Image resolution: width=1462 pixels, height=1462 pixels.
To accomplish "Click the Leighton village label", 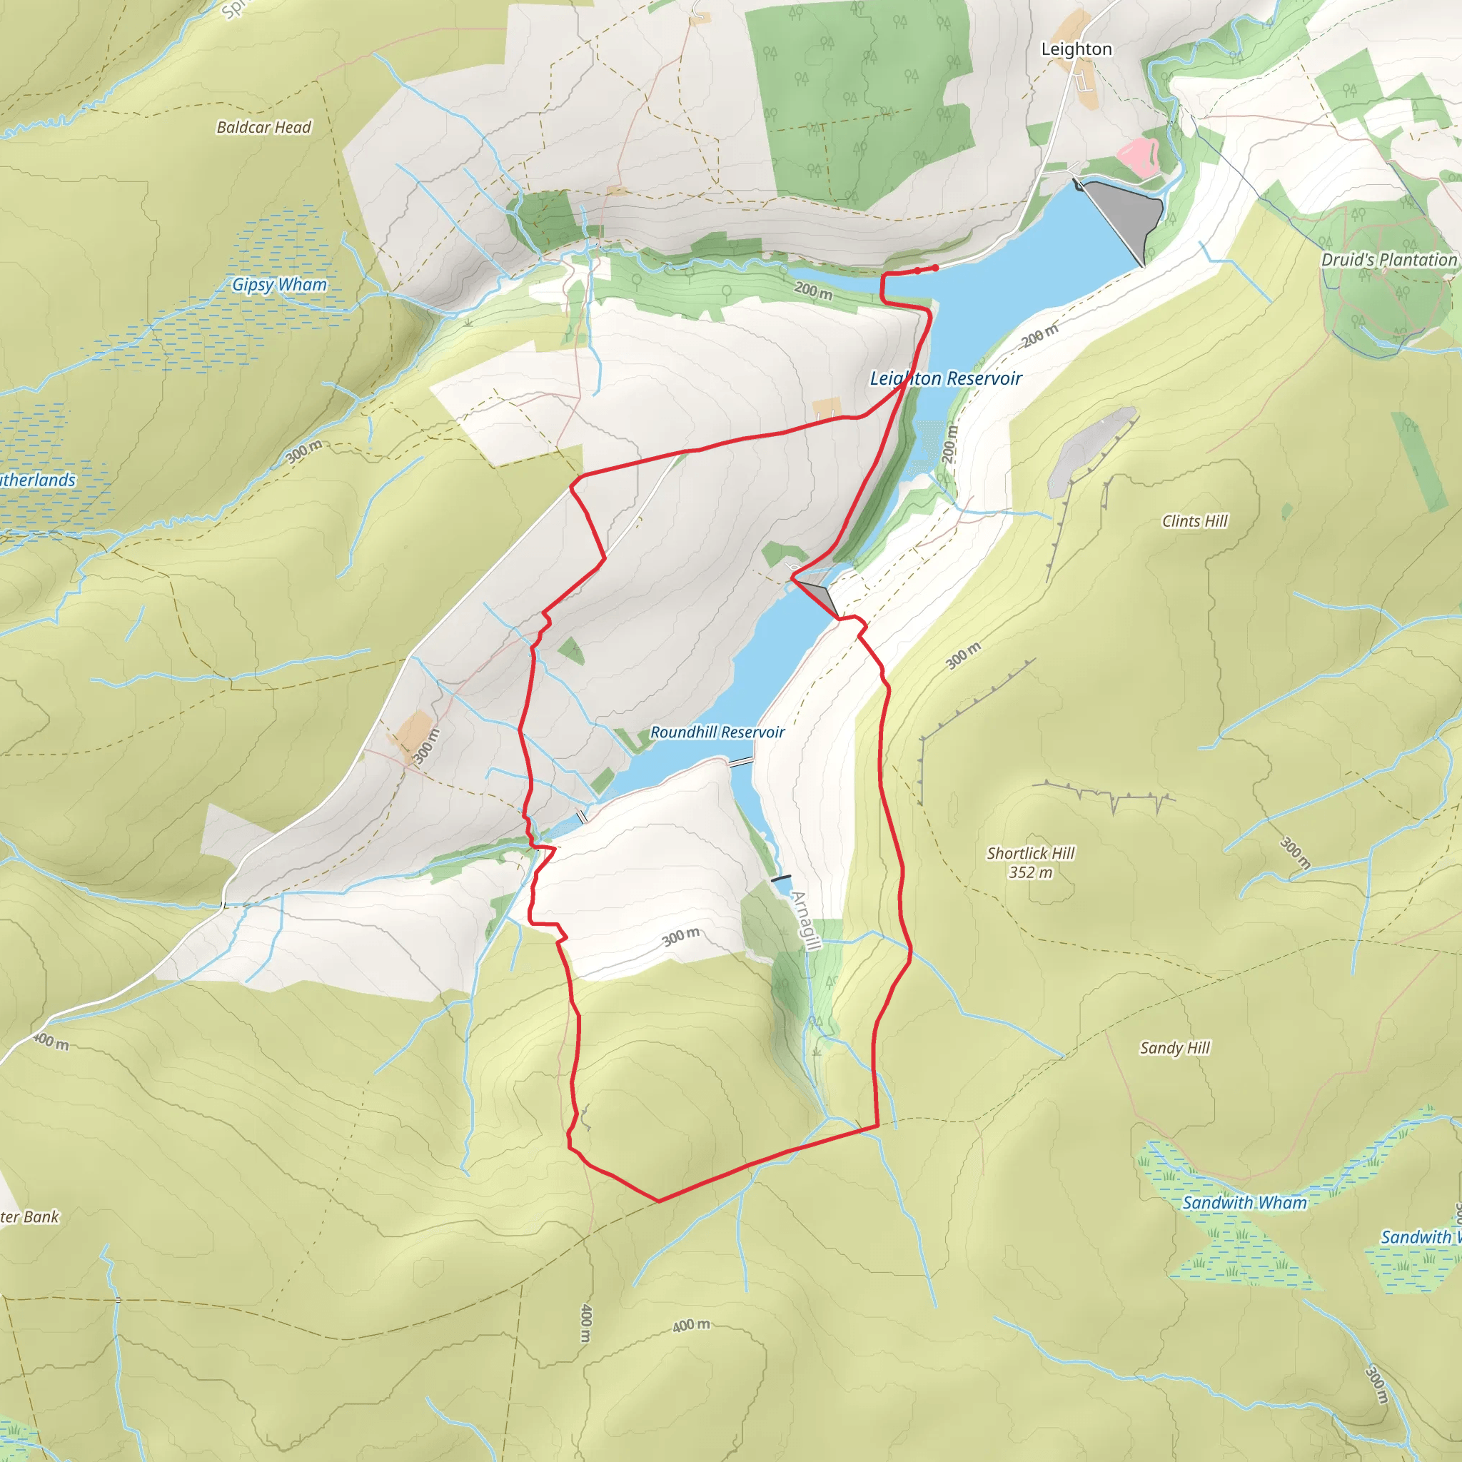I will pos(1076,49).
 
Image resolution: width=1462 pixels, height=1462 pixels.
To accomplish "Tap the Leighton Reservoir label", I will pos(945,378).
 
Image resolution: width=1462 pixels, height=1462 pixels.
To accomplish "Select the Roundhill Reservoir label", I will pos(717,732).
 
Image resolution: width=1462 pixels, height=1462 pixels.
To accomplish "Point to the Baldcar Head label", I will pos(263,127).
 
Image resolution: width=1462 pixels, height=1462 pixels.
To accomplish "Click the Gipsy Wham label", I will pos(279,285).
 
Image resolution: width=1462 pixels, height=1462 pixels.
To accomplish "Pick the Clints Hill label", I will pos(1194,520).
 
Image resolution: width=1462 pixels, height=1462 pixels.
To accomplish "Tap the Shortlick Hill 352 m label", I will pos(1030,862).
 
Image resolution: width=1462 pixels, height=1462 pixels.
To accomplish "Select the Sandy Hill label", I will pos(1174,1047).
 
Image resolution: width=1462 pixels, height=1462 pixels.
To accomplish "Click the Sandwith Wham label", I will pos(1244,1202).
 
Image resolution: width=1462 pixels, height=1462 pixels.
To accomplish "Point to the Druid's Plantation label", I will pos(1388,260).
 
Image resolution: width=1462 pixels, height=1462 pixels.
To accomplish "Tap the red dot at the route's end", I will pos(935,268).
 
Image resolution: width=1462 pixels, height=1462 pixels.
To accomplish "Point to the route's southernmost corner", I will pos(659,1200).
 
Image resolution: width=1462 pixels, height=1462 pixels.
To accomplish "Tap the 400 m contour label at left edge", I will pos(51,1042).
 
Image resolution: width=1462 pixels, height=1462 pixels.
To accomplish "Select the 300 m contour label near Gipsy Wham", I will pos(304,451).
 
